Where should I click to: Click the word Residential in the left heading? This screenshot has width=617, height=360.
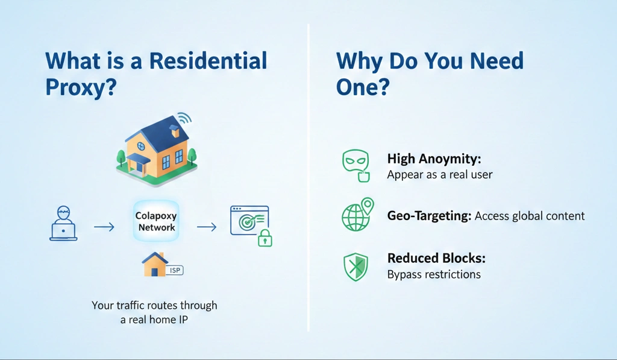click(208, 62)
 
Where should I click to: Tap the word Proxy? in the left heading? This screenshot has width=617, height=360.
click(81, 88)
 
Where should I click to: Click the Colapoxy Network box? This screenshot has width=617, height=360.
click(156, 221)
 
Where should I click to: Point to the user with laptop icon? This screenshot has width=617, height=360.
click(63, 223)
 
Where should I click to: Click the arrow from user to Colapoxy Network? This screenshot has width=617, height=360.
click(104, 227)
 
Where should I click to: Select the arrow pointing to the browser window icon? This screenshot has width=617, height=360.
click(207, 227)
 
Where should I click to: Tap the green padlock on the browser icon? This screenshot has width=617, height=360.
click(265, 239)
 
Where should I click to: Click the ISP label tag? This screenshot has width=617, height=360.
click(175, 270)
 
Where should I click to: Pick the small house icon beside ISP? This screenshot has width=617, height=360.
click(154, 264)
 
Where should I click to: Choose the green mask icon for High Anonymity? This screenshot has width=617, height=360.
click(355, 165)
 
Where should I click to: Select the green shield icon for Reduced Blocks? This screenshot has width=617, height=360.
click(355, 266)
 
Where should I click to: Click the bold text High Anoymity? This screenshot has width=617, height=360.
click(433, 160)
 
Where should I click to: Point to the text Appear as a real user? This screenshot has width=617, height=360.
click(439, 175)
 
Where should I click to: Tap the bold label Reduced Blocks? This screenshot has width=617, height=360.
click(436, 259)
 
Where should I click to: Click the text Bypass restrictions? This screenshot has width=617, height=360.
click(434, 274)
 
